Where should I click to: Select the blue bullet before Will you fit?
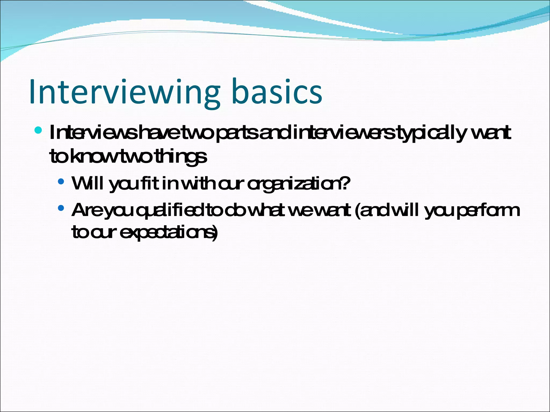coord(61,182)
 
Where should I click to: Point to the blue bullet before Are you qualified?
coord(61,208)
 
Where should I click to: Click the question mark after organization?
coord(346,183)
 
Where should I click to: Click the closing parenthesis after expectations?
coord(215,233)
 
